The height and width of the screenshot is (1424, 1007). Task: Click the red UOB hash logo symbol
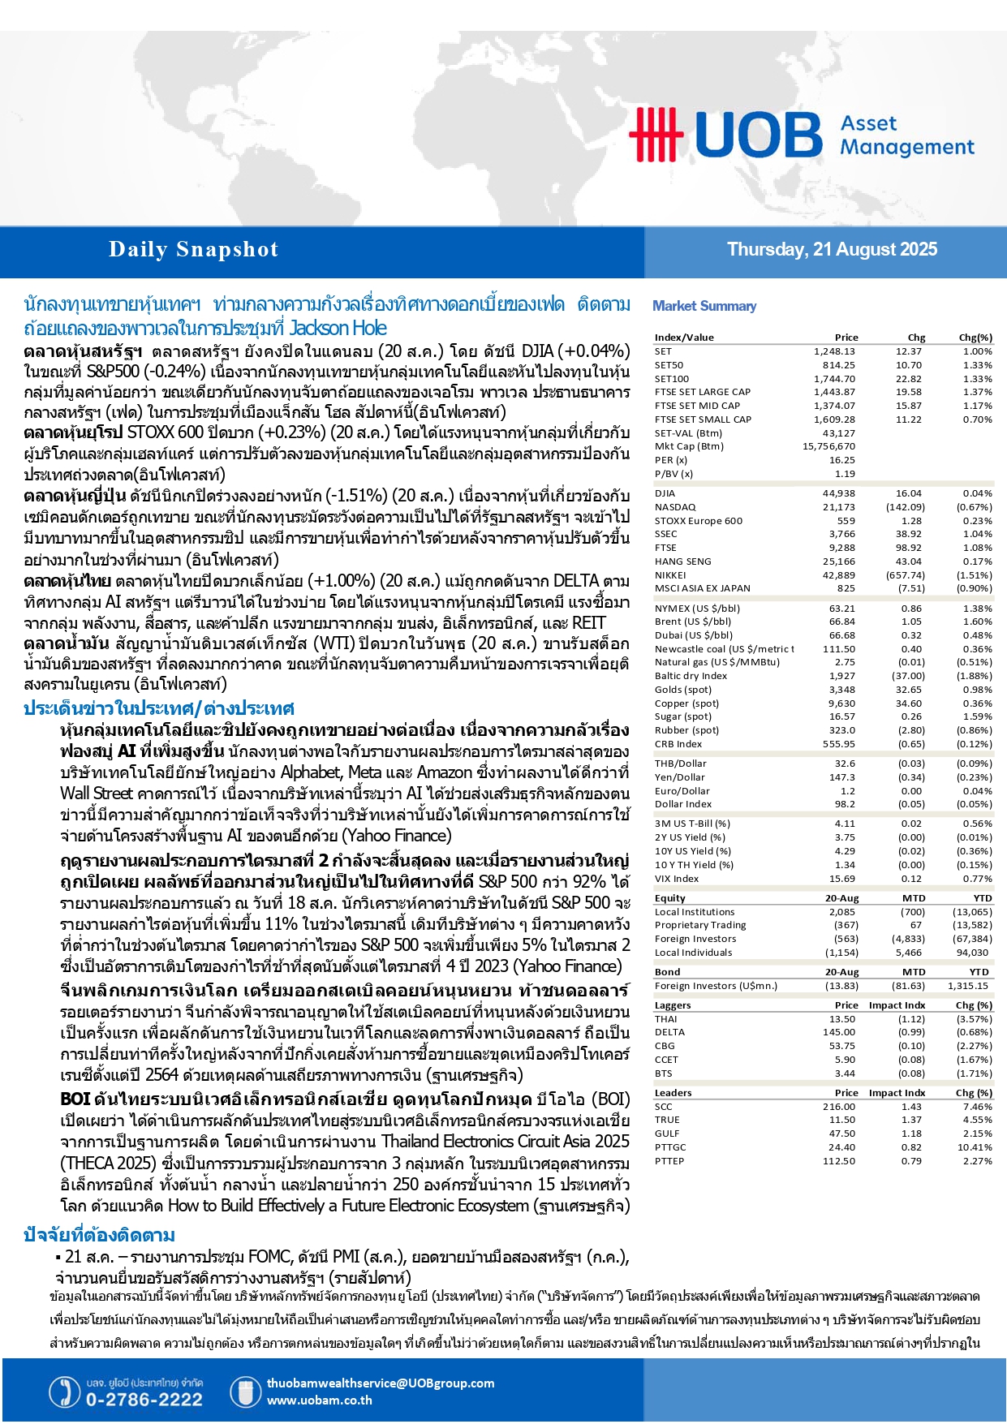(x=656, y=134)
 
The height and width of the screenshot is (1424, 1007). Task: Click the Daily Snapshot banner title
(x=193, y=250)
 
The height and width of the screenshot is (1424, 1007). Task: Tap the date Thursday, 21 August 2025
(x=832, y=250)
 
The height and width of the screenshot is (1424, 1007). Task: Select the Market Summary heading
(x=704, y=306)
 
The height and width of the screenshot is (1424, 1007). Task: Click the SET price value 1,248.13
(x=834, y=351)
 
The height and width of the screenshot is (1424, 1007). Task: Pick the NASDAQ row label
(x=675, y=507)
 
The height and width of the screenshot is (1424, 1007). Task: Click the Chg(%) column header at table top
(x=975, y=338)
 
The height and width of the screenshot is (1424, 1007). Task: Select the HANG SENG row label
(x=682, y=561)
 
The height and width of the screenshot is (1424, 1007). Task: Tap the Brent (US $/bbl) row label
(x=692, y=622)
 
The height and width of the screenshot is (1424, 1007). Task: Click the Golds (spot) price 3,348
(x=841, y=690)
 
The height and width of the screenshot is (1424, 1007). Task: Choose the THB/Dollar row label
(x=680, y=764)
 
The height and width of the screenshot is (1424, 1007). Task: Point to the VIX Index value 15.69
(x=841, y=879)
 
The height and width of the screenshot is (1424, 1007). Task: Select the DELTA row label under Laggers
(x=669, y=1032)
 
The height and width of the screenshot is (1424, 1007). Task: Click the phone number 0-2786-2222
(x=144, y=1400)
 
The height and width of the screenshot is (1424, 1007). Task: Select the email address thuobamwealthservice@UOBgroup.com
(x=380, y=1383)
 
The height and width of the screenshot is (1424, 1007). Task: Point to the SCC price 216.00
(x=838, y=1107)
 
